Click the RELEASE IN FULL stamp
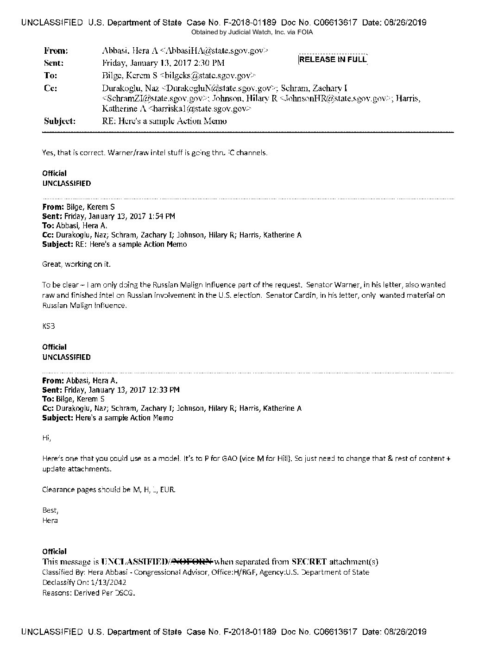(333, 59)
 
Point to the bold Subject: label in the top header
(59, 121)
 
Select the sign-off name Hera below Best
(50, 520)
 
